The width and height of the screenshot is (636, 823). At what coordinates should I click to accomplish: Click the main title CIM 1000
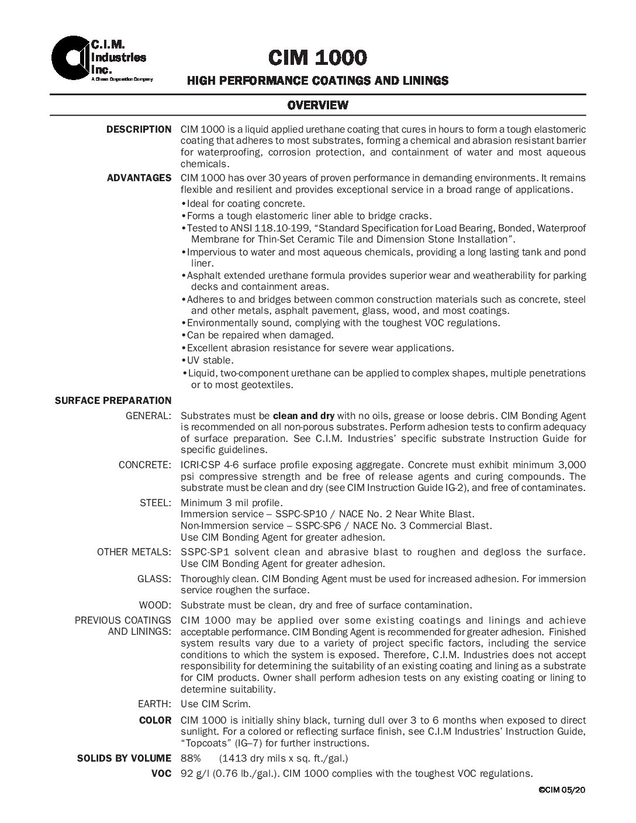tap(317, 57)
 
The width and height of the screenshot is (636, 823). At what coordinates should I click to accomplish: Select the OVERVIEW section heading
tap(317, 105)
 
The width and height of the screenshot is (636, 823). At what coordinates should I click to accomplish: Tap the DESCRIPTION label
tap(139, 129)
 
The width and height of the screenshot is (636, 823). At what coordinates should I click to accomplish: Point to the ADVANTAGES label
tap(139, 178)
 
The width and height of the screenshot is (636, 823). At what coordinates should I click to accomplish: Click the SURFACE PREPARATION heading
tap(113, 400)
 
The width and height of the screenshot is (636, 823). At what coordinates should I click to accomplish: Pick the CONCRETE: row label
tap(145, 465)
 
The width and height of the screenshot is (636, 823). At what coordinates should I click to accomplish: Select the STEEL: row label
tap(155, 503)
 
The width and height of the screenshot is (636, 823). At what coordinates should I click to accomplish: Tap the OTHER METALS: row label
tap(134, 552)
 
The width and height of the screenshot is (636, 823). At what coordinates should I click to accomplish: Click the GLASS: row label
tap(154, 579)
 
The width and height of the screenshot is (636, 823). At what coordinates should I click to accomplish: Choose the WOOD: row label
tap(155, 605)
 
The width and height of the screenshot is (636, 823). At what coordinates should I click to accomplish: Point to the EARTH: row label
tap(154, 704)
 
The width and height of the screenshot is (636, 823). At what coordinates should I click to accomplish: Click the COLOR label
tap(155, 720)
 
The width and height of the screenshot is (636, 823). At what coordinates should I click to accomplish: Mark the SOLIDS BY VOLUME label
tap(124, 758)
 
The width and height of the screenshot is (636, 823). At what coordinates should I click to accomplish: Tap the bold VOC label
tap(161, 773)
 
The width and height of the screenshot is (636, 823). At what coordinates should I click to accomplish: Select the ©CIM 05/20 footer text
tap(562, 790)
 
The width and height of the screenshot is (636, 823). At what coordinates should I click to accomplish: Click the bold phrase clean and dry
tap(303, 416)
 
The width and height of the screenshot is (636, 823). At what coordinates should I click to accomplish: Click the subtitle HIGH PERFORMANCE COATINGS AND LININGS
tap(317, 81)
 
